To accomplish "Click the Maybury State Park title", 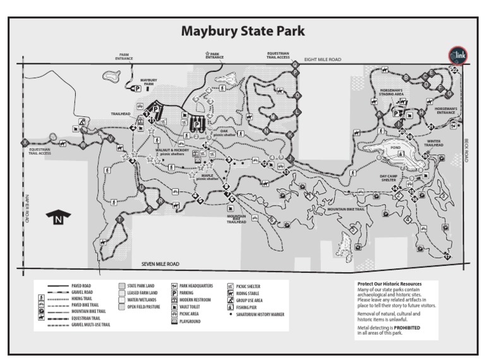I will [x=243, y=31].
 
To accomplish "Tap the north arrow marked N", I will [x=59, y=218].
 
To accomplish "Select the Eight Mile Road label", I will [x=322, y=59].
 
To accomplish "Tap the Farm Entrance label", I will [x=124, y=57].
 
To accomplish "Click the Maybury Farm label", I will [x=148, y=82].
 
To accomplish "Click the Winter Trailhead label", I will [x=434, y=143].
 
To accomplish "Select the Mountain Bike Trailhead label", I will [x=237, y=219].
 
